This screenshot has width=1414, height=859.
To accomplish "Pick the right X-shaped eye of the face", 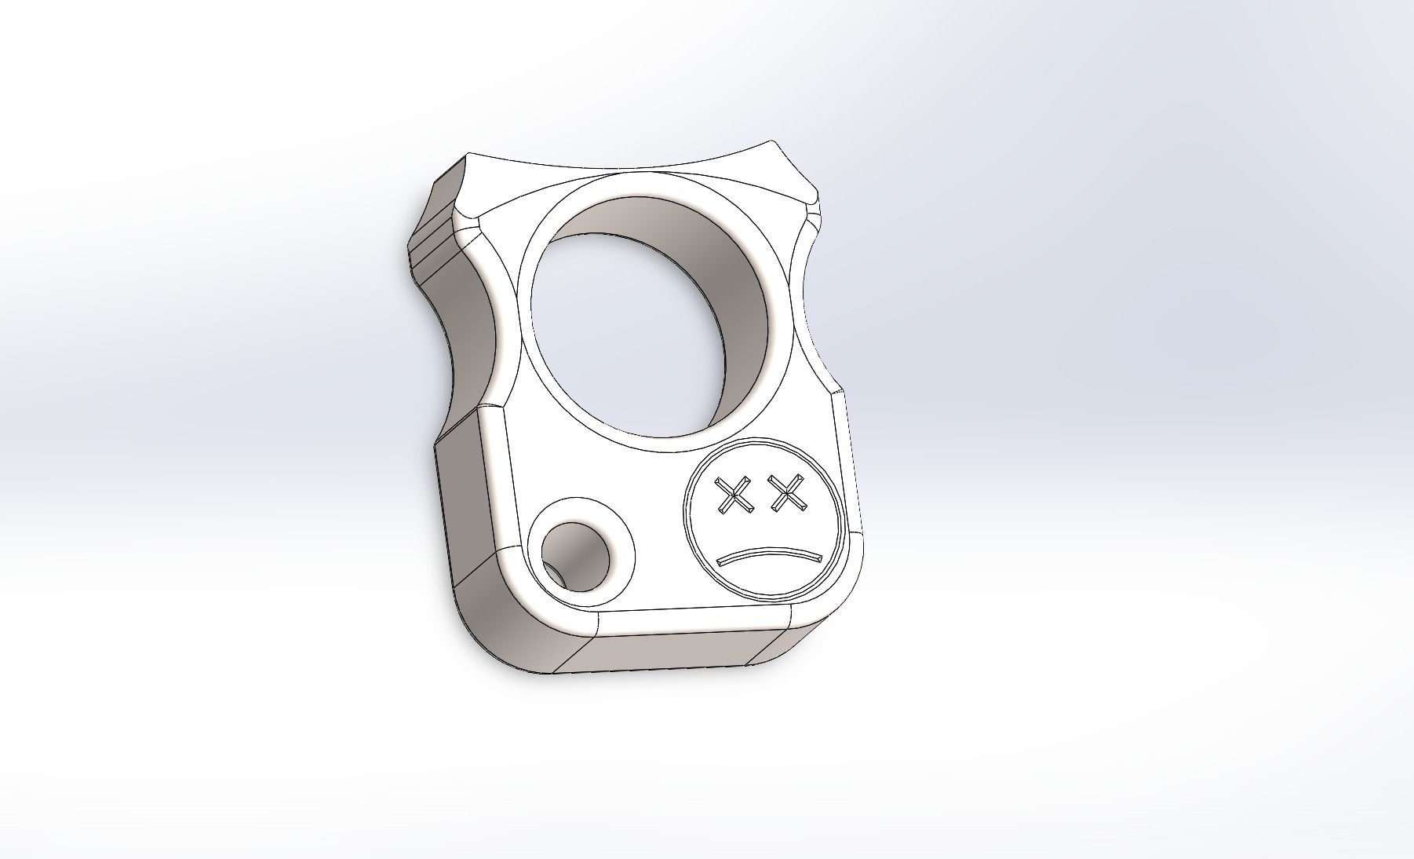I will (x=788, y=494).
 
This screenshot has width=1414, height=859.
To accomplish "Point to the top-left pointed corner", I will (x=468, y=155).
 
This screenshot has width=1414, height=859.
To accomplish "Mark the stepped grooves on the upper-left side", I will (x=428, y=243).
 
